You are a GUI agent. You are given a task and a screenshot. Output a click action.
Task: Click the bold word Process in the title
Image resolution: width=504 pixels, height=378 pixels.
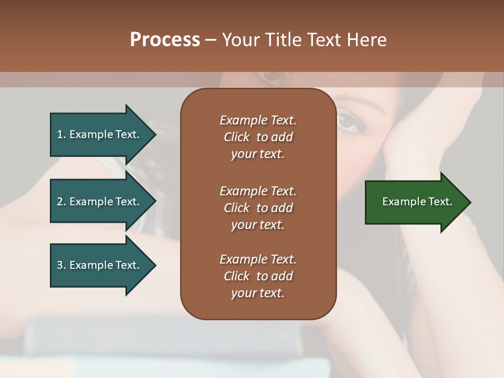point(165,40)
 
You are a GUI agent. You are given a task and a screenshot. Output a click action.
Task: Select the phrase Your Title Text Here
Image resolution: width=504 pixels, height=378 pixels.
point(304,40)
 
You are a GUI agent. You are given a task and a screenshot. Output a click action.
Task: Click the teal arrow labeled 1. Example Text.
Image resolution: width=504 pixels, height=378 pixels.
point(100,134)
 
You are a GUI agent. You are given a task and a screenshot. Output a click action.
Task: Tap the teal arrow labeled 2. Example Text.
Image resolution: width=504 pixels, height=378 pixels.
point(100,202)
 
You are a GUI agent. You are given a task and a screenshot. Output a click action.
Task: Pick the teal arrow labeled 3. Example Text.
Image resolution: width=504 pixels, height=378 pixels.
point(100,265)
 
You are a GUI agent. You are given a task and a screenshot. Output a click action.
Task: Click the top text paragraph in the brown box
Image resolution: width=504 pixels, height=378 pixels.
point(258,137)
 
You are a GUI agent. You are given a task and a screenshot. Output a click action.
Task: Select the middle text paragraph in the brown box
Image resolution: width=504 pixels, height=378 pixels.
point(258,207)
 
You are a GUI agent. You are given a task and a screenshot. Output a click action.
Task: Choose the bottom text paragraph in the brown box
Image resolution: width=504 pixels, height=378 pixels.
point(258,276)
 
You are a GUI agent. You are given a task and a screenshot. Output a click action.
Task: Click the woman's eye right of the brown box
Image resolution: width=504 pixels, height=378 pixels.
point(348,121)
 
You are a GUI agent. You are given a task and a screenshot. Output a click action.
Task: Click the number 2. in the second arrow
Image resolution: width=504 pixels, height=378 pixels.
point(61,202)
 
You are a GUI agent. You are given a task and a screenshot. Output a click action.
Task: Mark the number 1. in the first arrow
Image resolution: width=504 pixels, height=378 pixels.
point(61,134)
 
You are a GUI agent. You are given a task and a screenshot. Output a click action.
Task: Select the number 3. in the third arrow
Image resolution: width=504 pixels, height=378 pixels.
point(61,265)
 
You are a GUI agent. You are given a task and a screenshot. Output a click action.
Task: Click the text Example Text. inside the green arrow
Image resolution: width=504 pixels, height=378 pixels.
point(417,202)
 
